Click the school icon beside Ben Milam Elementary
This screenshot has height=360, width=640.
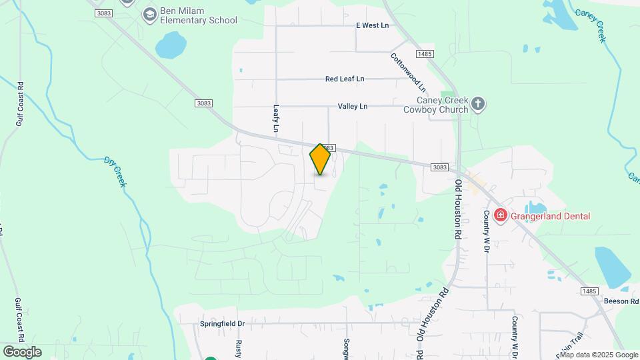pyautogui.click(x=149, y=14)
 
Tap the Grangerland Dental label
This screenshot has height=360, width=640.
pyautogui.click(x=551, y=215)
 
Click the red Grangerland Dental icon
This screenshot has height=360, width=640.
pyautogui.click(x=501, y=215)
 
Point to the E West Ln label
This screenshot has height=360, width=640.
pyautogui.click(x=372, y=25)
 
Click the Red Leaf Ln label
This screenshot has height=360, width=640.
pyautogui.click(x=345, y=79)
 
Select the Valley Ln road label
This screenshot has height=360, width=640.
pyautogui.click(x=353, y=106)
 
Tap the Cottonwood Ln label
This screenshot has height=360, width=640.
pyautogui.click(x=408, y=72)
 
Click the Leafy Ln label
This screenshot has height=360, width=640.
pyautogui.click(x=275, y=117)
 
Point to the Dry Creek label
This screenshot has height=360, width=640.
pyautogui.click(x=115, y=171)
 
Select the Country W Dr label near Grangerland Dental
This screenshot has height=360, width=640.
pyautogui.click(x=487, y=231)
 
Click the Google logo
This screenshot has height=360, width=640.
pyautogui.click(x=22, y=352)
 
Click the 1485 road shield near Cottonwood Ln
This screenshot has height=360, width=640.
pyautogui.click(x=424, y=53)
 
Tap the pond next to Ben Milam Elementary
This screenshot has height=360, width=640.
pyautogui.click(x=171, y=45)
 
